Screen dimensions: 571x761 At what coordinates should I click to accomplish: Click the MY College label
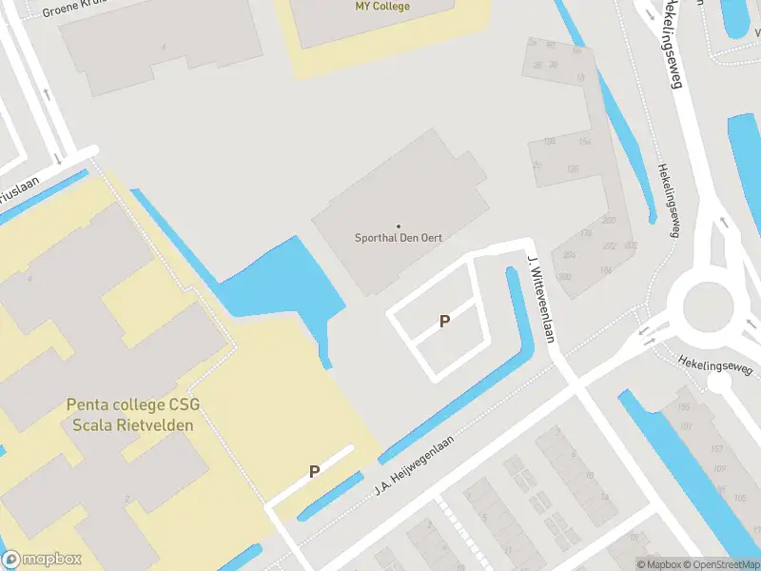[382, 7]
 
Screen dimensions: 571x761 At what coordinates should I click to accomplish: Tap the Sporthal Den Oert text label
[399, 238]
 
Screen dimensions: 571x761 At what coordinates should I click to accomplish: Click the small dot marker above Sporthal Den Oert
[399, 225]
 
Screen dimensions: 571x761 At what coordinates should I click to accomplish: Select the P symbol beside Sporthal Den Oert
[444, 322]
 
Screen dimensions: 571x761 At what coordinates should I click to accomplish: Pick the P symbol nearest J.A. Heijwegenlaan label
[314, 470]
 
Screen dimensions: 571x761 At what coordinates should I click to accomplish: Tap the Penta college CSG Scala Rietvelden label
[133, 415]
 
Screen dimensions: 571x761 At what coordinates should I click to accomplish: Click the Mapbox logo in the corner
[42, 560]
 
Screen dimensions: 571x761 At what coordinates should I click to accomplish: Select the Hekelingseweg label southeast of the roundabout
[715, 364]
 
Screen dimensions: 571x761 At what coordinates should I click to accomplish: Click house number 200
[608, 221]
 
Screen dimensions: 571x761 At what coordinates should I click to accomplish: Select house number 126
[572, 169]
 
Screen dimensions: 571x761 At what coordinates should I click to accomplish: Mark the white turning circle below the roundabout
[719, 383]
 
